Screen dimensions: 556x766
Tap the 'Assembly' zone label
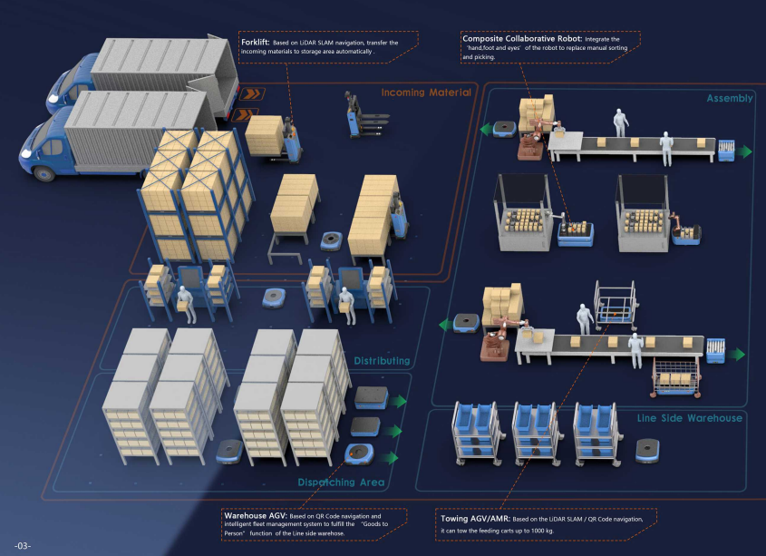coord(729,98)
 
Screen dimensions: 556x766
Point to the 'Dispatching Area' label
coord(341,483)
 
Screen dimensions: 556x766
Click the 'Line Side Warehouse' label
coord(689,418)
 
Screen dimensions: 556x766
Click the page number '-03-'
coord(23,545)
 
